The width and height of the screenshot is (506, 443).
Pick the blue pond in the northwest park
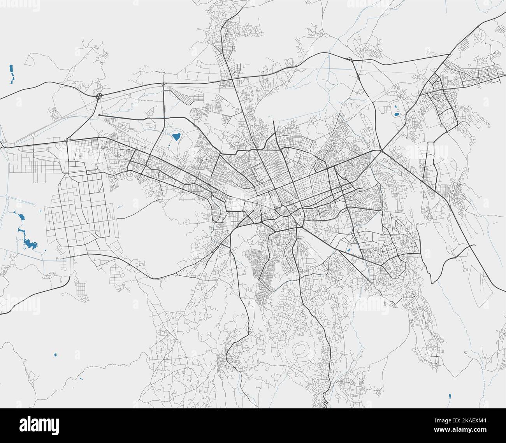click(176, 137)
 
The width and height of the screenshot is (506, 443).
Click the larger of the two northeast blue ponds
click(396, 114)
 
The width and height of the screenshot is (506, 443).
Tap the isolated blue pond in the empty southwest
click(55, 355)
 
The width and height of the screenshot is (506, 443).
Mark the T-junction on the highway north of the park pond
click(163, 84)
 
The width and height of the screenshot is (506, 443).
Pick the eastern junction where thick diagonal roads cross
click(381, 151)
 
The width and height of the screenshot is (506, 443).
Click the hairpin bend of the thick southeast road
click(432, 281)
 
